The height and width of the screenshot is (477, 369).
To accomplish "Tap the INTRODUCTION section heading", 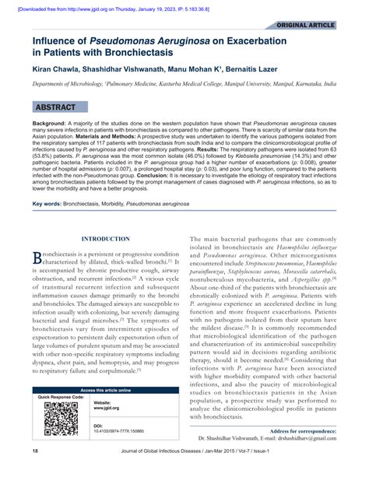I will click(x=106, y=239).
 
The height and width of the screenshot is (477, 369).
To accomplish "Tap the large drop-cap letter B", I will click(x=36, y=258).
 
